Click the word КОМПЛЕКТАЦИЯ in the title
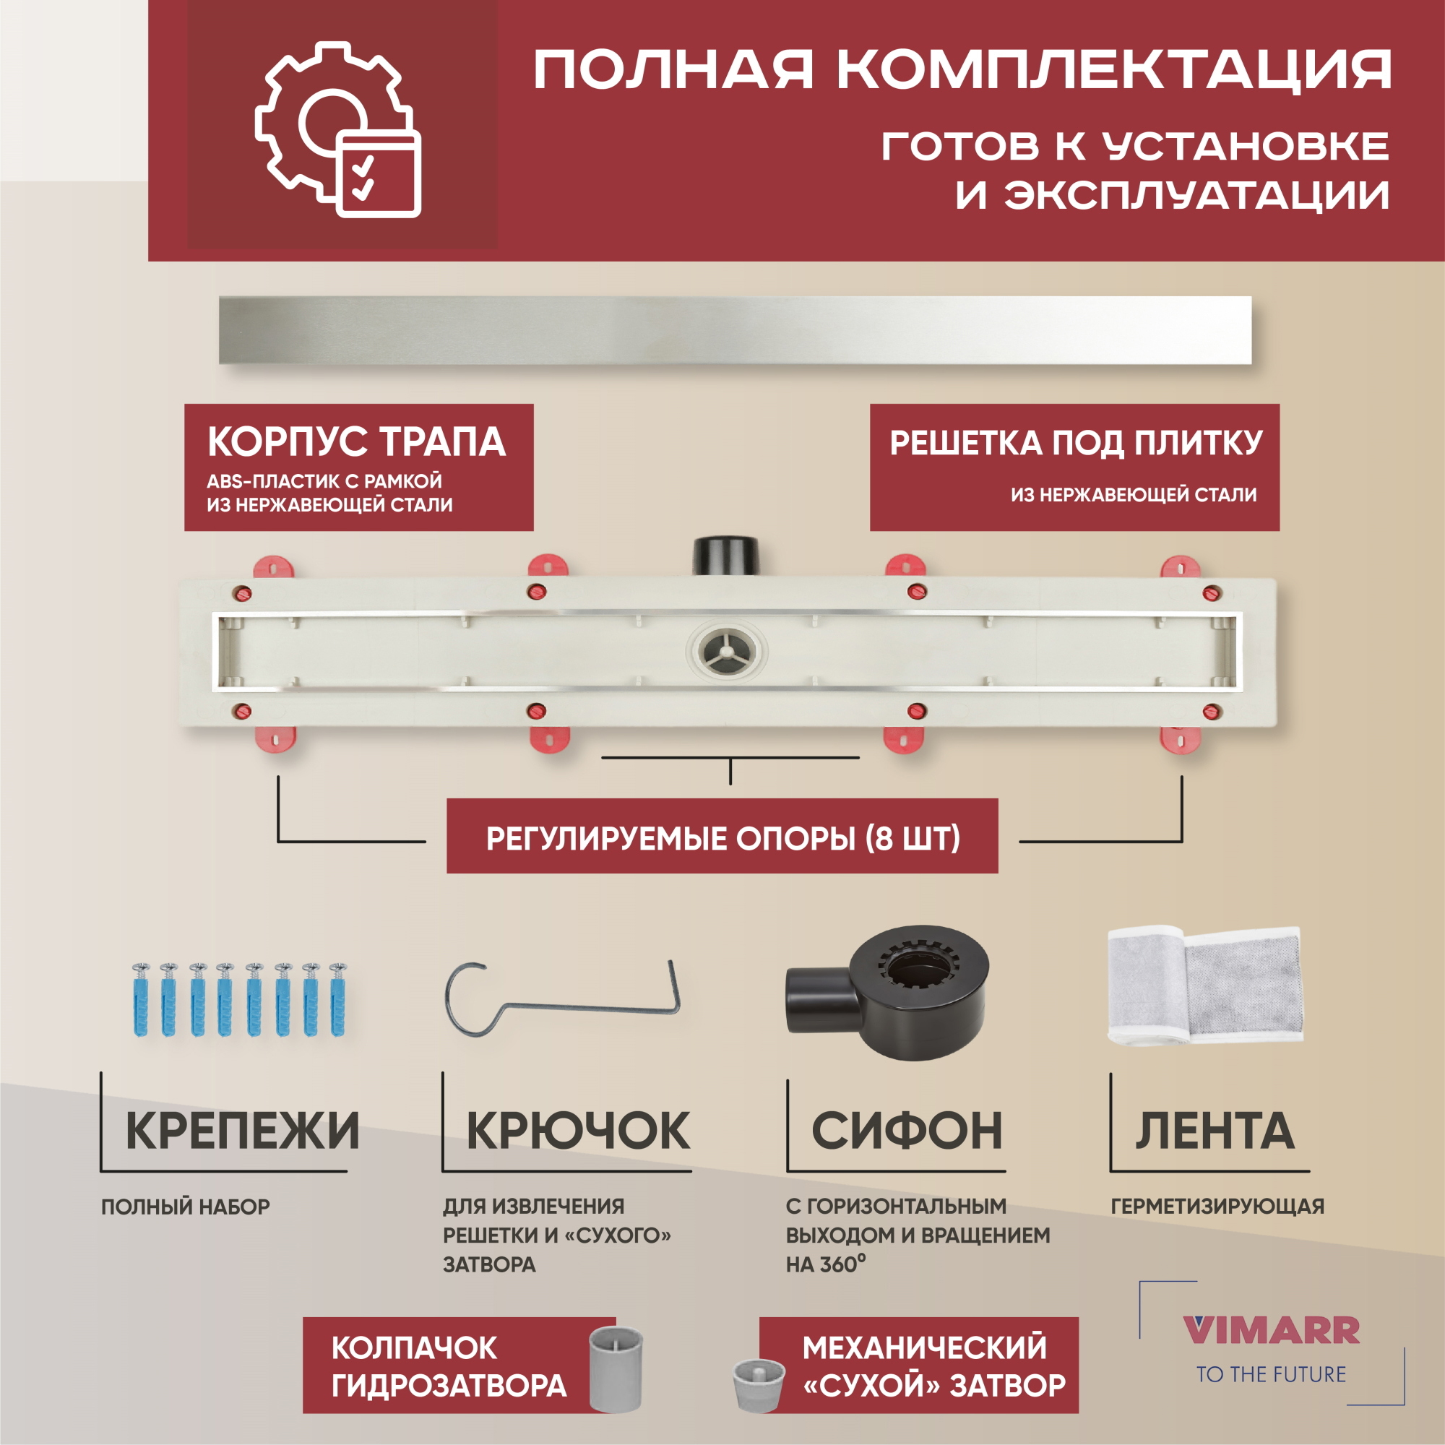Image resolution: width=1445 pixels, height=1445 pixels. tap(1113, 69)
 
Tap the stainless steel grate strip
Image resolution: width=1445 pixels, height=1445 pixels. tap(735, 331)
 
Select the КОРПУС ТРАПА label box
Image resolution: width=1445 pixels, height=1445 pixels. tap(358, 467)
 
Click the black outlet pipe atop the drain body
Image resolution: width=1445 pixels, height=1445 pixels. tap(725, 554)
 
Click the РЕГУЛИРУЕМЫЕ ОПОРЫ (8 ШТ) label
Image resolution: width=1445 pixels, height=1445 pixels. tap(722, 838)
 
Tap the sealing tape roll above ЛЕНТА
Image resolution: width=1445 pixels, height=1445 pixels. tap(1204, 985)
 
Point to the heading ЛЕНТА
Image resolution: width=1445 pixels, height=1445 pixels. tap(1215, 1131)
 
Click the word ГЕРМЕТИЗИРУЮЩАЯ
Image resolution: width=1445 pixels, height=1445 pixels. tap(1217, 1207)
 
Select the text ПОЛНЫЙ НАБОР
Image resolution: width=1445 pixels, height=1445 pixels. tap(186, 1207)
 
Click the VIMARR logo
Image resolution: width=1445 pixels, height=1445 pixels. tap(1271, 1331)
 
